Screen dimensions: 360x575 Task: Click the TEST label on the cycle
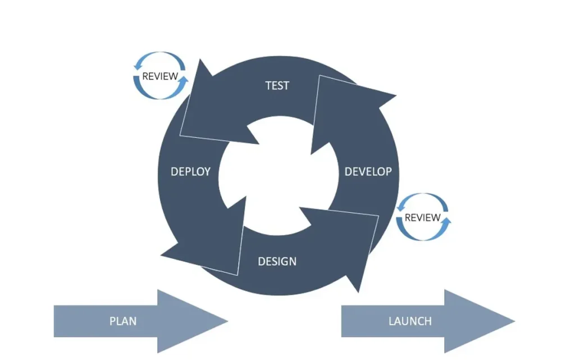coord(277,85)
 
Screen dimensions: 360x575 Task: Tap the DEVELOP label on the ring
coord(368,171)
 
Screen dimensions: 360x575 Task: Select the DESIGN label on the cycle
coord(277,261)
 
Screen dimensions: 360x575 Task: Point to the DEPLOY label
coord(190,171)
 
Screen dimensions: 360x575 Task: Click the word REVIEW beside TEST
coord(160,76)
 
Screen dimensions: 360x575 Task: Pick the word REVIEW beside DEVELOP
coord(423,217)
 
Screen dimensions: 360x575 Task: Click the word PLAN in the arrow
coord(123,321)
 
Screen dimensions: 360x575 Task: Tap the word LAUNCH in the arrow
coord(410,321)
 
